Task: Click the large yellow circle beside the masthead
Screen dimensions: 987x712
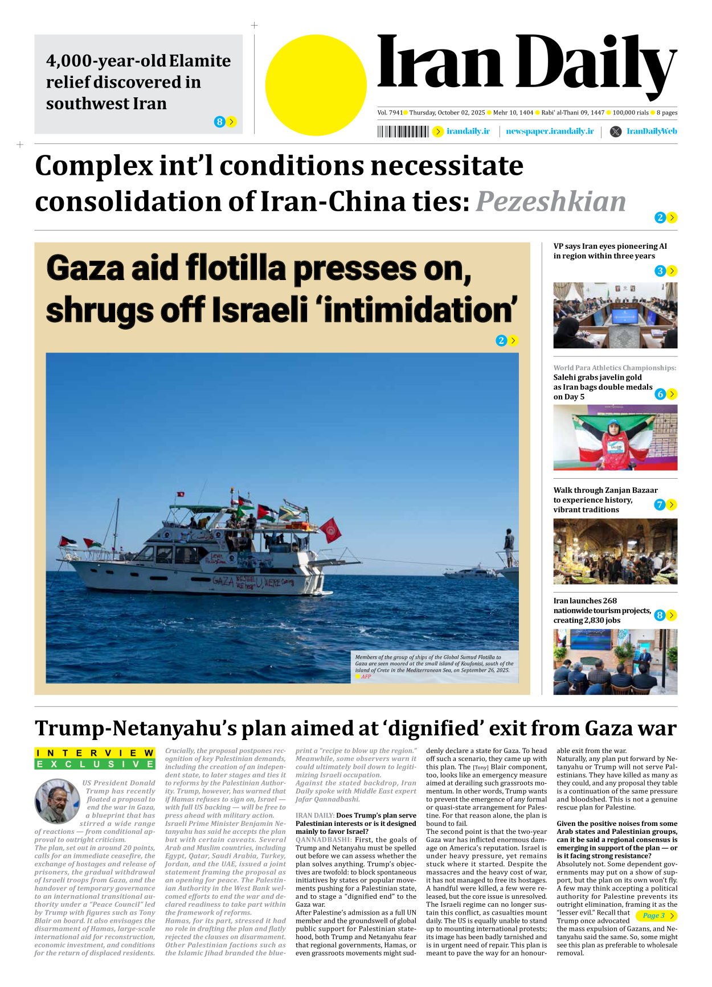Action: pos(316,85)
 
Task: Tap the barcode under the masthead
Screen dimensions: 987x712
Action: pos(403,132)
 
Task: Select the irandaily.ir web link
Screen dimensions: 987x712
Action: pos(468,131)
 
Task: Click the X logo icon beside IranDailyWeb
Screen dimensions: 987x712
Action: pos(616,132)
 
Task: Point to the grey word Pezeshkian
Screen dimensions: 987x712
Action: pos(551,201)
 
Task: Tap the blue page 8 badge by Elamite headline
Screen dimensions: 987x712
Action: pos(219,122)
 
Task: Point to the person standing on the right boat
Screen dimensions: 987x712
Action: pos(509,547)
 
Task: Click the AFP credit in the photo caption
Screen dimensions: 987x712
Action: pos(366,677)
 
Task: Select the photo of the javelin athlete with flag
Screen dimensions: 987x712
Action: pos(615,438)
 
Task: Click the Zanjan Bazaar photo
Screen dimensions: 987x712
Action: pos(615,551)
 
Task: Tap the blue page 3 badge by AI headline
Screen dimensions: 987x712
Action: pos(660,271)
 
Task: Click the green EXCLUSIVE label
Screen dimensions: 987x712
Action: pos(95,764)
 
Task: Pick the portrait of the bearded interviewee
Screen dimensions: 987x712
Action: pos(57,801)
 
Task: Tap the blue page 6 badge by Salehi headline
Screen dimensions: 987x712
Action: pos(660,394)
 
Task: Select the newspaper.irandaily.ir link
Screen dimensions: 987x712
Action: pos(550,131)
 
